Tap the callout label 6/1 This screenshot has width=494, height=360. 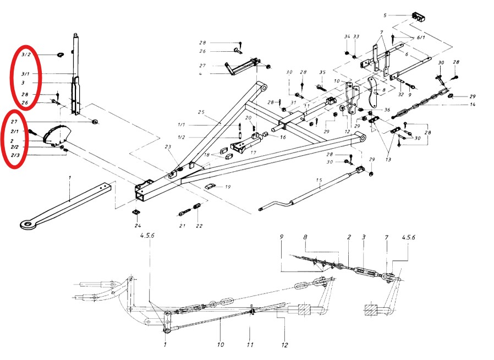coord(421,37)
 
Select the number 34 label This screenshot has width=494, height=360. coord(347,37)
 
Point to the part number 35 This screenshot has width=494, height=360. coord(322,72)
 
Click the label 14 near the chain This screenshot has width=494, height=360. coord(472,105)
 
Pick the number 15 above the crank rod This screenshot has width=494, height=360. coord(319,181)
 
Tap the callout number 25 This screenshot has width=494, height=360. coord(201,113)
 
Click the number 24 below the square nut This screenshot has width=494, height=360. coord(137,225)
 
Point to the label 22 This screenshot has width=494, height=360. coord(199,226)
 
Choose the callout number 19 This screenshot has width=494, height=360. coord(228,187)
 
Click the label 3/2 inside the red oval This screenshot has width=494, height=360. coord(26,55)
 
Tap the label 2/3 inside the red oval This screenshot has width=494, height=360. coord(15,156)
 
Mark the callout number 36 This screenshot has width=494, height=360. coord(387,110)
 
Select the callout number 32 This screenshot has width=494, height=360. coord(402,95)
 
